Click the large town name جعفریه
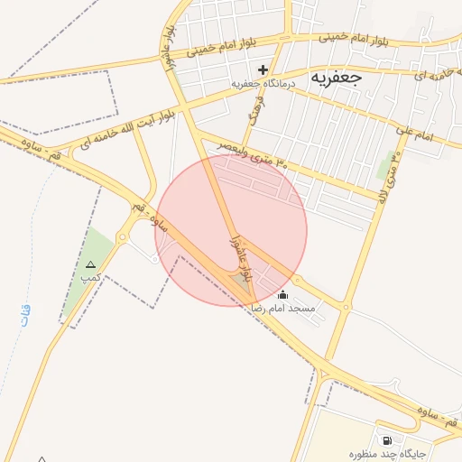pos(336,77)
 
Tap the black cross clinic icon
pos(263,69)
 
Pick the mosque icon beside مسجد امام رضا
pos(283,294)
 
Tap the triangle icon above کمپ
pos(89,264)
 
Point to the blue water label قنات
pos(23,316)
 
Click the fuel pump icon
pos(388,440)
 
